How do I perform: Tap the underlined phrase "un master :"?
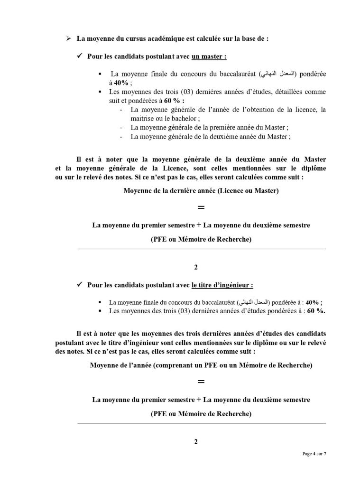pos(209,56)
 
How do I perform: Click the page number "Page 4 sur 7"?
pos(314,454)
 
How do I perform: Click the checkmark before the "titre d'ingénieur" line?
pos(80,285)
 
